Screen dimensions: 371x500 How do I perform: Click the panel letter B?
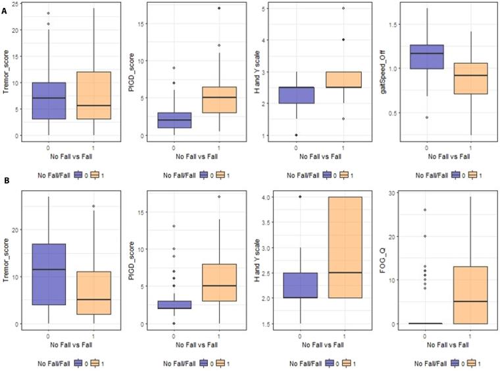[5, 195]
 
